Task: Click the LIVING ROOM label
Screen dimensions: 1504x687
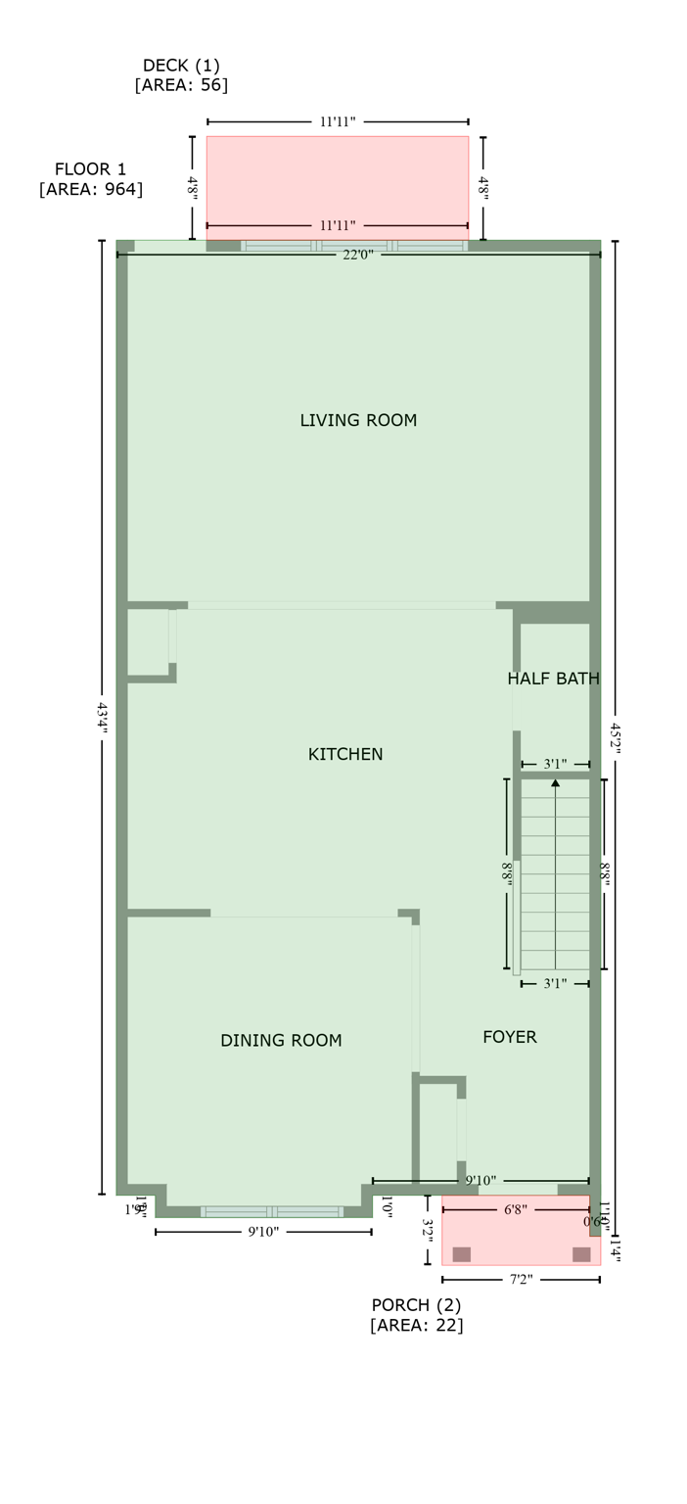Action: pos(358,420)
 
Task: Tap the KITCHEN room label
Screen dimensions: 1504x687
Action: pos(345,754)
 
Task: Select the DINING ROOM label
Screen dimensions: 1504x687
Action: pos(281,1040)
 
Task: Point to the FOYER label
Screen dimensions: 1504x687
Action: pos(510,1037)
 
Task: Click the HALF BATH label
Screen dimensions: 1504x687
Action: pos(553,679)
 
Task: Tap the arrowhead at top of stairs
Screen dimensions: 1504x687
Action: pos(556,782)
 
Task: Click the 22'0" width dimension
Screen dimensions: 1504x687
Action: pos(358,255)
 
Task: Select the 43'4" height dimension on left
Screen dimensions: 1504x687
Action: pos(103,718)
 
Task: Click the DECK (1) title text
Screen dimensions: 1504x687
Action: pos(181,66)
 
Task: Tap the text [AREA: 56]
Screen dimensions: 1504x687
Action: pos(181,85)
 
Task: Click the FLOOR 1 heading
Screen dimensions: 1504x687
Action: pos(90,169)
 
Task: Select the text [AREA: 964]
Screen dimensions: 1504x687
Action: pos(91,189)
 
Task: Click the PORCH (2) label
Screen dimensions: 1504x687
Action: pos(416,1305)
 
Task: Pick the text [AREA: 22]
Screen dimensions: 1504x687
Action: pos(416,1325)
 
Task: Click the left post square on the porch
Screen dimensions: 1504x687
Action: pos(462,1254)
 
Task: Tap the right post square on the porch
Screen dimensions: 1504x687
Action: pos(581,1254)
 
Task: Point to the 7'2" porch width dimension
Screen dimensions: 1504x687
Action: pos(521,1280)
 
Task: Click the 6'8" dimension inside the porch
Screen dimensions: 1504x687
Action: pos(516,1210)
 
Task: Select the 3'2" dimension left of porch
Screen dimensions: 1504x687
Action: pos(428,1230)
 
